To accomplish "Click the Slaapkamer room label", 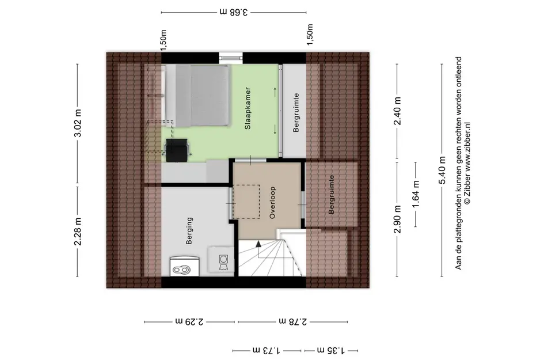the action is coord(248,108).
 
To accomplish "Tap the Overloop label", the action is coord(272,203).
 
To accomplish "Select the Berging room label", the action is coord(189,231).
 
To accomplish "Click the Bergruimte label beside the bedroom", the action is coord(296,112).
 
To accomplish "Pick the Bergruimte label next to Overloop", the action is coord(332,195).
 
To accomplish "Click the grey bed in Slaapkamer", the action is coord(197,96).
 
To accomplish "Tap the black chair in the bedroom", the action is coord(177,150).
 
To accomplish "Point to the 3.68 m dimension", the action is coord(234,12).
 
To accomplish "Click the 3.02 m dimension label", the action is coord(78,123).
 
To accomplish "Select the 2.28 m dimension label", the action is coord(78,232).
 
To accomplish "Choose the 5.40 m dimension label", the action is coord(442,170).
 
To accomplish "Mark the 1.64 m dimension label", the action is coord(416,194).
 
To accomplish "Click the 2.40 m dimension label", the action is coord(397,111).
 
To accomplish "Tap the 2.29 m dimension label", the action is coord(189,321).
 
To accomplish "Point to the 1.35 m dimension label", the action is coord(331,350).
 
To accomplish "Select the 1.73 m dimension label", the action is coord(267,350).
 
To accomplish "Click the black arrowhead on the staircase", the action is coord(258,244).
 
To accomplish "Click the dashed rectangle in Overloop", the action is coord(246,202).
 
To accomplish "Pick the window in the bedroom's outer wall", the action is coord(230,58).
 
